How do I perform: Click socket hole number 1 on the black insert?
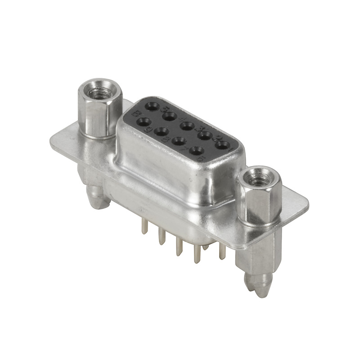[x=222, y=145]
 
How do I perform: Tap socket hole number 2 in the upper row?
[x=205, y=135]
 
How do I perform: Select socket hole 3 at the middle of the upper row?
[x=187, y=126]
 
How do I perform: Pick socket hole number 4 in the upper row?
[x=170, y=117]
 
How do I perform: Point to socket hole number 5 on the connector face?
[x=153, y=107]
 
